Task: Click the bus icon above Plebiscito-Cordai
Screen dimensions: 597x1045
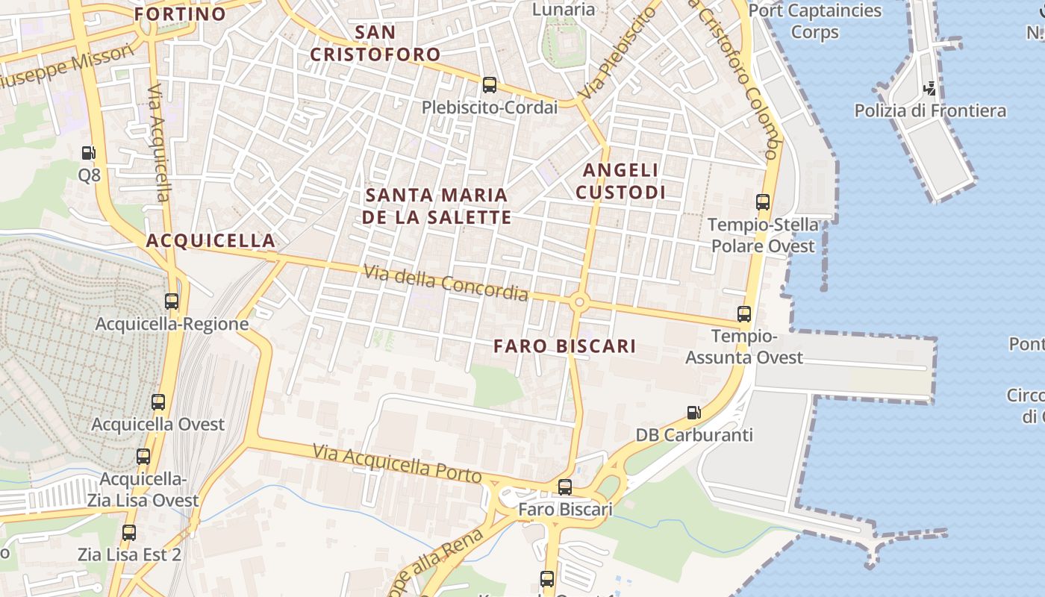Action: click(490, 85)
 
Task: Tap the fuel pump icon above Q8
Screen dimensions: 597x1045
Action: click(89, 153)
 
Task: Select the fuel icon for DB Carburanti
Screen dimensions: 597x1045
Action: click(694, 412)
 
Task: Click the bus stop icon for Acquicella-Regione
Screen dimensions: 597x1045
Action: click(172, 301)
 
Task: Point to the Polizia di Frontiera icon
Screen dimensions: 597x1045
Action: click(930, 89)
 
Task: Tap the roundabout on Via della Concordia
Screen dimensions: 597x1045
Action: click(579, 302)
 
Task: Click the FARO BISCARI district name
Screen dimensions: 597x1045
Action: click(565, 346)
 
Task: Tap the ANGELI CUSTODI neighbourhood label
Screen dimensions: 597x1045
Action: click(620, 181)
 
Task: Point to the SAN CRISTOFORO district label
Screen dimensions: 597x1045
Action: click(375, 43)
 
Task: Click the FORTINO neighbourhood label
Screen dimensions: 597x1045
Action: click(181, 14)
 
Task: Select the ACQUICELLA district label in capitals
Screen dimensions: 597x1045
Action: click(211, 240)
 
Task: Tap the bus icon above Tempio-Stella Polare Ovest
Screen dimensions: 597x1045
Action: click(763, 201)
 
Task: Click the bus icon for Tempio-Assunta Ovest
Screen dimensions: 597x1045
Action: click(744, 313)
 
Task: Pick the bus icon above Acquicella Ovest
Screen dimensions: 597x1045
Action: click(158, 402)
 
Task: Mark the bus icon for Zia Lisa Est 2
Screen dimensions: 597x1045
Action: click(129, 533)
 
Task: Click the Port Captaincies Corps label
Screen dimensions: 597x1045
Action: click(815, 21)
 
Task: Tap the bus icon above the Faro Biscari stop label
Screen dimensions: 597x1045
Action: click(565, 487)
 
